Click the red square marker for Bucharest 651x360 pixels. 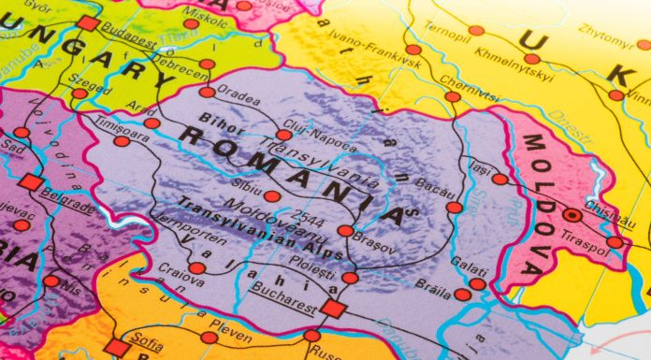pos(333,309)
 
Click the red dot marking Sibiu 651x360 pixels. pos(271,196)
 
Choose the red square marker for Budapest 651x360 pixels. pos(88,23)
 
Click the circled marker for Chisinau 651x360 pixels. pos(571,214)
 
